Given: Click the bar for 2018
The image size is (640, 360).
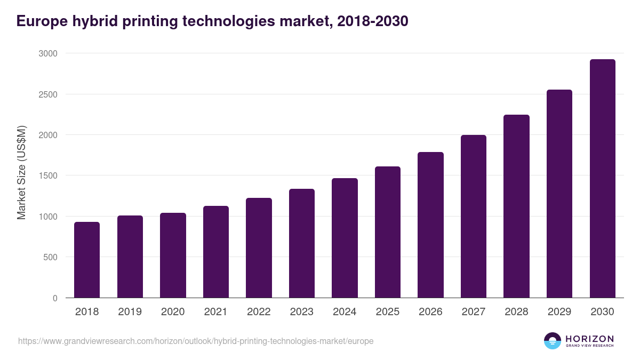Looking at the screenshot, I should (x=87, y=260).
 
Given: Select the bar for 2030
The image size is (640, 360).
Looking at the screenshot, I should (x=602, y=179).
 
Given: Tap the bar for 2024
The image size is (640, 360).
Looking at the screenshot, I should (x=345, y=238).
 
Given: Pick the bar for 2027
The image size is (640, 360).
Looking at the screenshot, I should (x=474, y=217).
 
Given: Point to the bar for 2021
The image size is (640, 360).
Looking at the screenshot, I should (x=216, y=252).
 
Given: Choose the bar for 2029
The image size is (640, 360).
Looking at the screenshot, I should (x=559, y=194).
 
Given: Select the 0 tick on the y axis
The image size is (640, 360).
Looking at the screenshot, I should (x=54, y=298).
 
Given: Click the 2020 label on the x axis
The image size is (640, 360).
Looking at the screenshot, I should (x=173, y=312).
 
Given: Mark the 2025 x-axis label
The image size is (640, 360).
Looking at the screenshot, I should (x=388, y=312).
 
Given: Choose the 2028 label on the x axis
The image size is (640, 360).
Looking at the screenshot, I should (x=516, y=312).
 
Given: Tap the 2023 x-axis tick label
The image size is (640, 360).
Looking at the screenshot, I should (x=302, y=312).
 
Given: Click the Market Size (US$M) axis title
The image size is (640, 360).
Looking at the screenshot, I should (x=22, y=172).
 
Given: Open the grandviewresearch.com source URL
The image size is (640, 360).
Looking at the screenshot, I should (x=196, y=341).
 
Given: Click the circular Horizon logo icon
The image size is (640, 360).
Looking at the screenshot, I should (x=552, y=341).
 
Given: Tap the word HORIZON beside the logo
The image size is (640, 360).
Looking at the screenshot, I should (x=589, y=338).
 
